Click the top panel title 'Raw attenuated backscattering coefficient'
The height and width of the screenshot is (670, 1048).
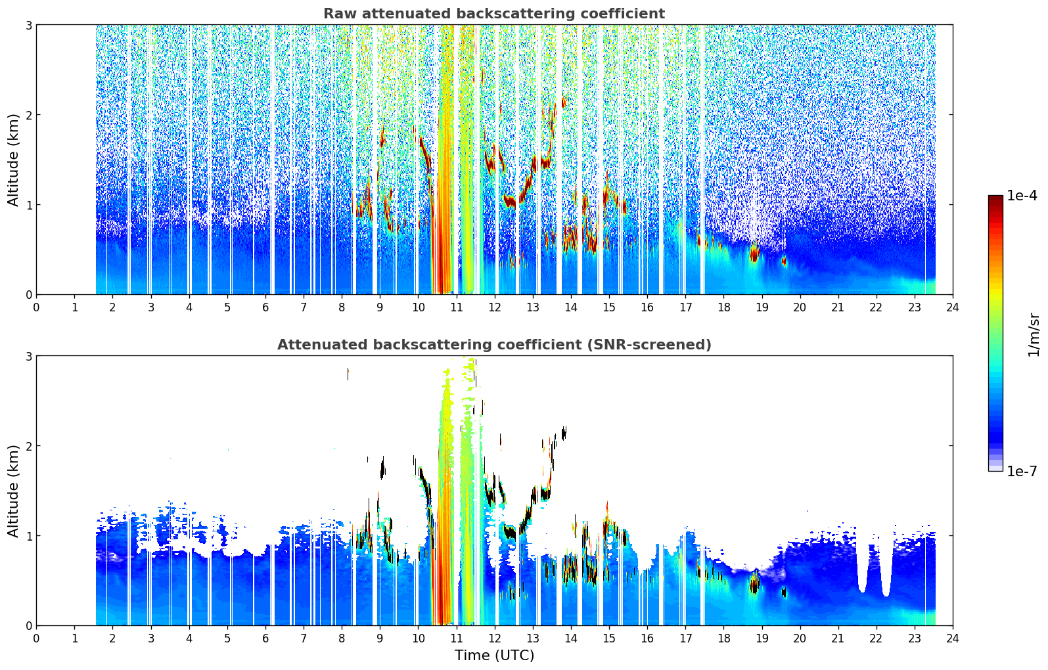(494, 14)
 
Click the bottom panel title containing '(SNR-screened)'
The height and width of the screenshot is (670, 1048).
(494, 345)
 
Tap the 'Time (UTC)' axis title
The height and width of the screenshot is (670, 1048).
(494, 655)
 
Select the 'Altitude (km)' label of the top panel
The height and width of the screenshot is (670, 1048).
(13, 160)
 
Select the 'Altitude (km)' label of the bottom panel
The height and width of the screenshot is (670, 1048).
(13, 491)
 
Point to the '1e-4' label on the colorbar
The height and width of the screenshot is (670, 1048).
(1022, 195)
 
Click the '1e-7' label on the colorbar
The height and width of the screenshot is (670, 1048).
(1022, 471)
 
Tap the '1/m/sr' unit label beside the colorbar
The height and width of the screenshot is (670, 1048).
(1033, 336)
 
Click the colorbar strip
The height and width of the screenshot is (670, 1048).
(995, 333)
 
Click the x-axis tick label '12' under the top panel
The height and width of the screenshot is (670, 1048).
(495, 307)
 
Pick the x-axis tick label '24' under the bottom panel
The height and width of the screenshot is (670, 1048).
(953, 638)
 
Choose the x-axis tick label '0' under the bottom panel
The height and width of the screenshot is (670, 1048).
(37, 638)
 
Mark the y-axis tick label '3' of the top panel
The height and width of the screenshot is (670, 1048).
(28, 25)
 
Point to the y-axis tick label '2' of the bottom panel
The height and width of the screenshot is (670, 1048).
(28, 446)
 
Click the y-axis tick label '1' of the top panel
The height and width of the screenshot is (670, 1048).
(28, 205)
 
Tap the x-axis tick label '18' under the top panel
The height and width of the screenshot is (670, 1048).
(724, 307)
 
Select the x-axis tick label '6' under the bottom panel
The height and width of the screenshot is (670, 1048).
(265, 638)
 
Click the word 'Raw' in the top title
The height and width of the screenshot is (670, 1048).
(340, 14)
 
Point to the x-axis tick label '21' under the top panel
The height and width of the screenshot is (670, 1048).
(838, 307)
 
